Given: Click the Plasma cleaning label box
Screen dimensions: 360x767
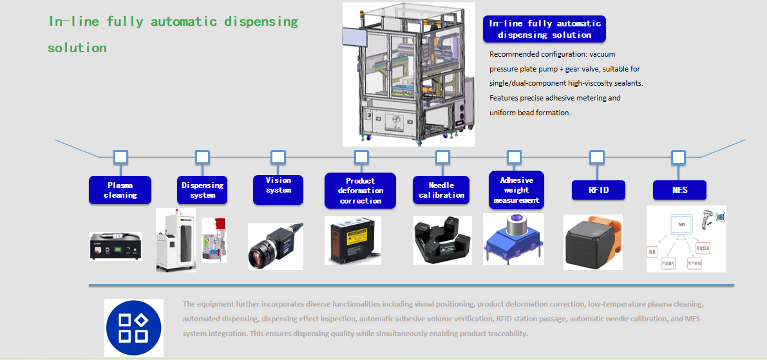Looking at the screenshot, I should (120, 190).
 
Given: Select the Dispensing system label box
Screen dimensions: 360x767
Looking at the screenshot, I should (202, 190).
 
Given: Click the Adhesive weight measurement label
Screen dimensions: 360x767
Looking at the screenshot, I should (516, 190).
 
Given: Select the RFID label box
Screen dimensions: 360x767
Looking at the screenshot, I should (598, 190).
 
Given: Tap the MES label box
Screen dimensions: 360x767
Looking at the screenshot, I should (679, 190).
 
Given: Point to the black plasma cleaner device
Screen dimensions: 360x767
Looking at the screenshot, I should (115, 246).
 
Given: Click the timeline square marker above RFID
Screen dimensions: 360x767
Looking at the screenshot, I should (597, 156).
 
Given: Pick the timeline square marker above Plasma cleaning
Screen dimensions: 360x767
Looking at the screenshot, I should (120, 156).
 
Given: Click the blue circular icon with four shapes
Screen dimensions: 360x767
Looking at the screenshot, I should (134, 328).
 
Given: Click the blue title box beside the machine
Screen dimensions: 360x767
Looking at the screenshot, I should (544, 29).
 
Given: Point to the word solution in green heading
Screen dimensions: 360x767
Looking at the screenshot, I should (77, 48).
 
